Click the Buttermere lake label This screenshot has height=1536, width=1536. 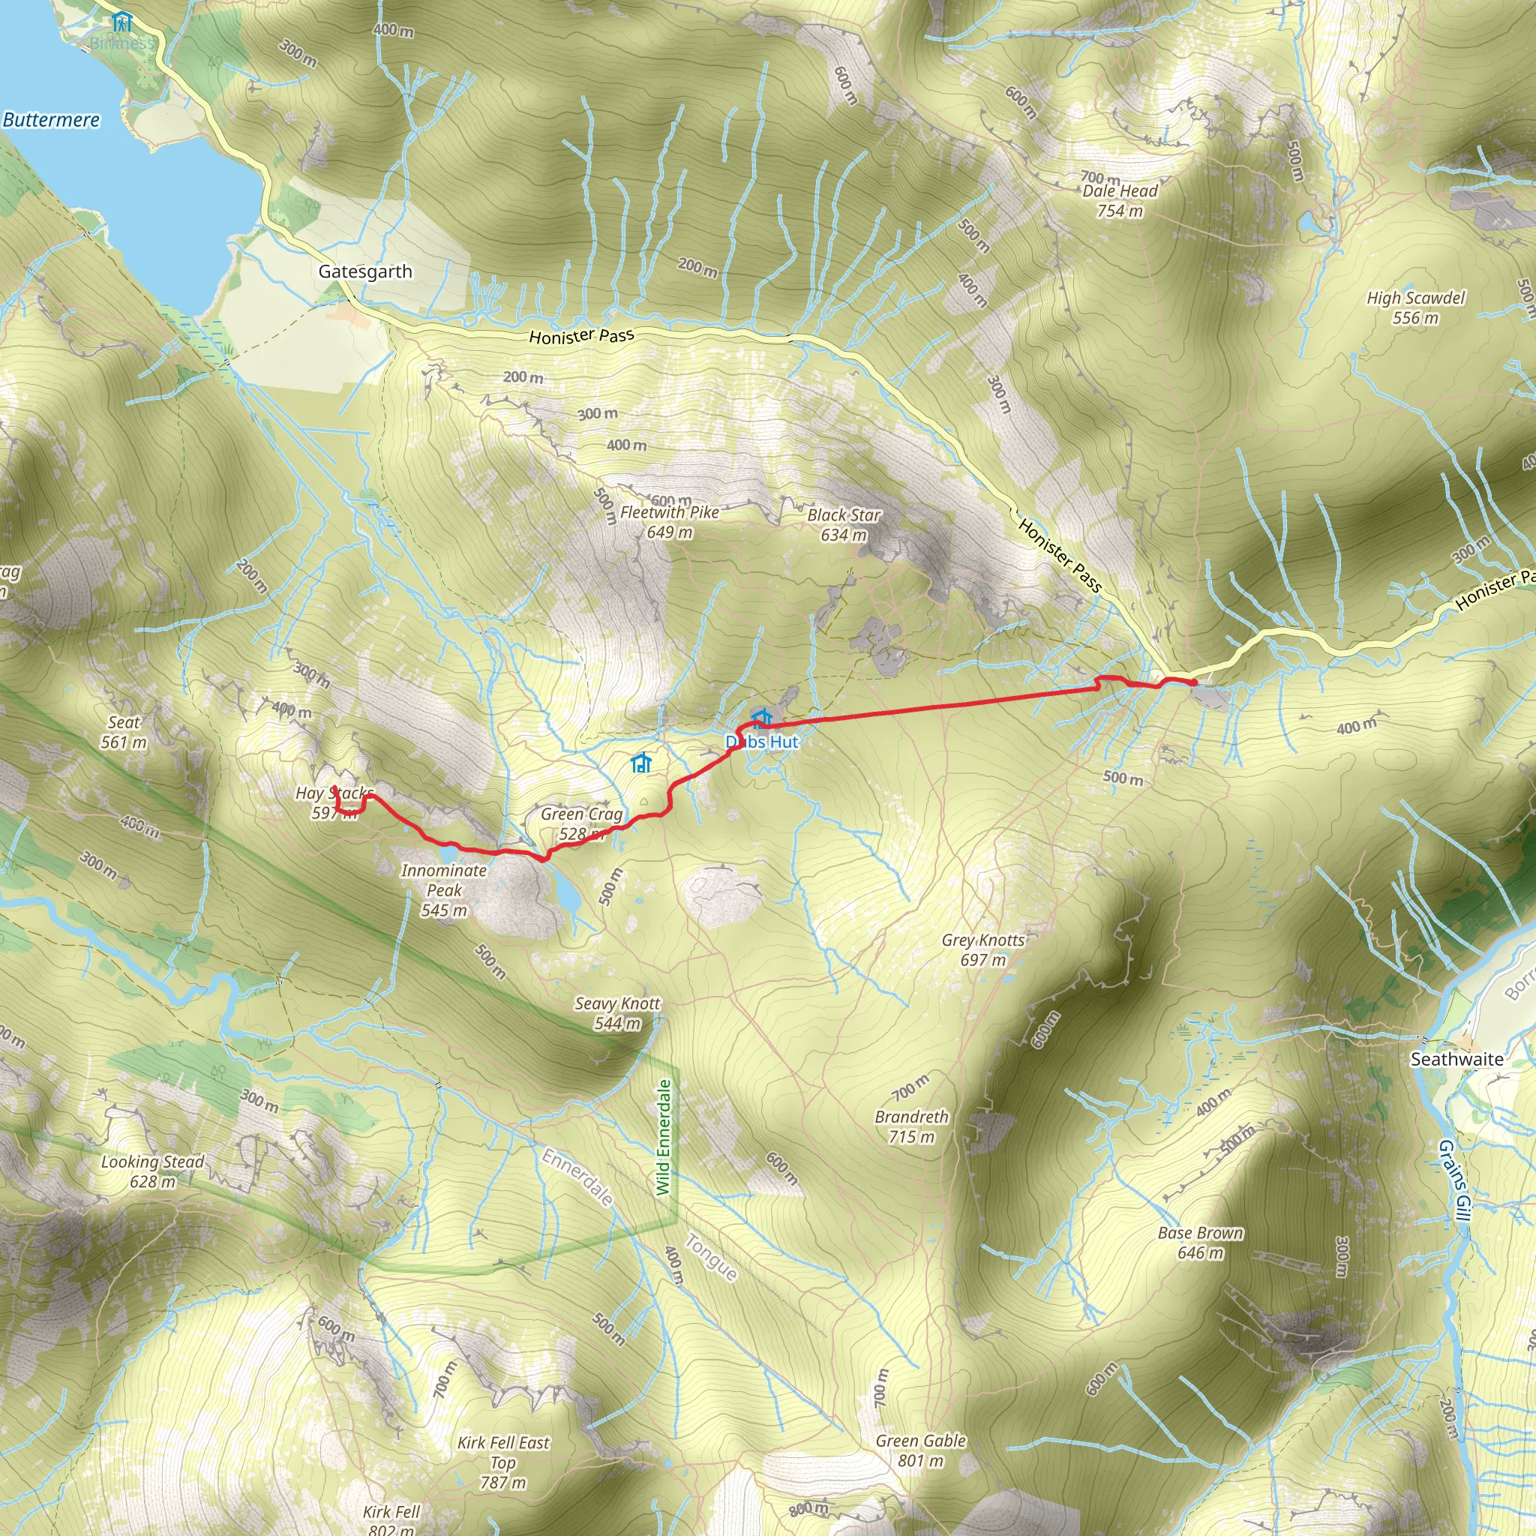(x=52, y=120)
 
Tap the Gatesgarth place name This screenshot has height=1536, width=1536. (x=365, y=272)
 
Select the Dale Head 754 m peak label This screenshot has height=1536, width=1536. (x=1120, y=200)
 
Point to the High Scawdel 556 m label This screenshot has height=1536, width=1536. (x=1415, y=307)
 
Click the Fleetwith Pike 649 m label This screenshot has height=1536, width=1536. (x=670, y=522)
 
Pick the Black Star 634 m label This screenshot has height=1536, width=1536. (x=844, y=525)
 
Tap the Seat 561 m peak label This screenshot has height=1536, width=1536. (x=124, y=732)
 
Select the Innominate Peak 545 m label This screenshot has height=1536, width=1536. (x=444, y=890)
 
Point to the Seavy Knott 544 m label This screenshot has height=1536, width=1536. (x=618, y=1012)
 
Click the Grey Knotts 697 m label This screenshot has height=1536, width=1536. (x=983, y=950)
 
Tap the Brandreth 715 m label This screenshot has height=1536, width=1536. (x=912, y=1126)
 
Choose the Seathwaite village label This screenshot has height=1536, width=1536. (x=1456, y=1060)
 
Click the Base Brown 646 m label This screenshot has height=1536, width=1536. (x=1201, y=1243)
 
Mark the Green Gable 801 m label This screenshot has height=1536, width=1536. (x=921, y=1428)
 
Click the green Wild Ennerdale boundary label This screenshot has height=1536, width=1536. (x=664, y=1137)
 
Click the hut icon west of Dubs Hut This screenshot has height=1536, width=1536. (x=640, y=764)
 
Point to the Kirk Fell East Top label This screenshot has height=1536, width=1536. (x=503, y=1452)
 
